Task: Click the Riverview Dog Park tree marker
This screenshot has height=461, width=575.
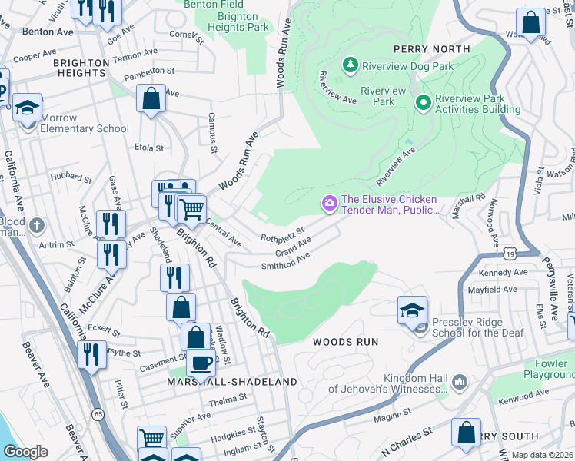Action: click(x=351, y=65)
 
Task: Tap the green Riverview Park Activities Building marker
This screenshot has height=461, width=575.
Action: click(x=423, y=102)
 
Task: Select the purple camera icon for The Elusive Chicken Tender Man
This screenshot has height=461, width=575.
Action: click(x=330, y=203)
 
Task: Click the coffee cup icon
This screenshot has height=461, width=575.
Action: click(x=201, y=363)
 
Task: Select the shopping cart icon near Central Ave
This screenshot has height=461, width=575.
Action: click(x=191, y=207)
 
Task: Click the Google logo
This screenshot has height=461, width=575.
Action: click(x=26, y=452)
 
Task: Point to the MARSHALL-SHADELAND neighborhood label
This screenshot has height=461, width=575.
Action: click(x=232, y=382)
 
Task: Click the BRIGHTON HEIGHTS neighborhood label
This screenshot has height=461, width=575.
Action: click(x=58, y=73)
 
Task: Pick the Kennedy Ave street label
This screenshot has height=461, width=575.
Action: click(x=503, y=273)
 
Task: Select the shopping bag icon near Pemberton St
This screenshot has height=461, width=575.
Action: click(x=151, y=98)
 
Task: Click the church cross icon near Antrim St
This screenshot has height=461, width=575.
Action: click(x=37, y=226)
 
